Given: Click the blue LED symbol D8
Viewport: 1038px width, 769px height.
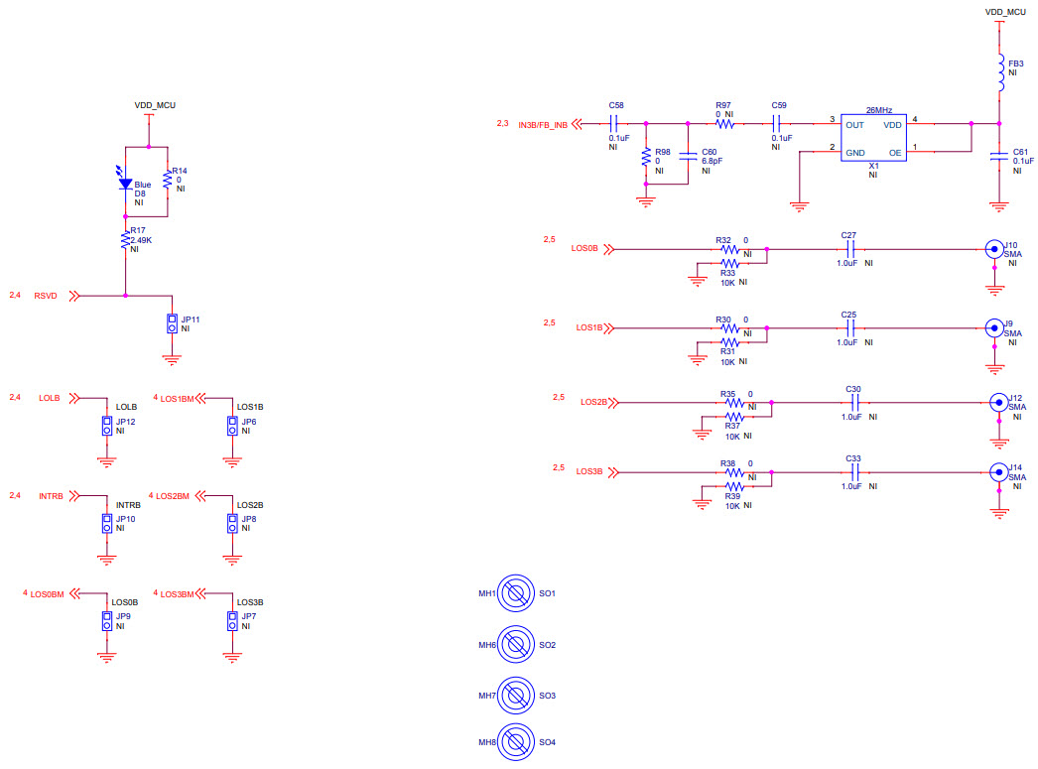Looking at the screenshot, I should pos(125,183).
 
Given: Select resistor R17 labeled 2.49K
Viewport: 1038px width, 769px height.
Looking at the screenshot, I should pos(125,240).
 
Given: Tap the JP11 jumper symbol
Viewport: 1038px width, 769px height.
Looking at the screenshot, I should pos(172,323).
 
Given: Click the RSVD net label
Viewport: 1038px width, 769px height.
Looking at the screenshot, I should pos(47,296).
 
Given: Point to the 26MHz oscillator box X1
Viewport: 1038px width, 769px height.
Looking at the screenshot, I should pos(873,138).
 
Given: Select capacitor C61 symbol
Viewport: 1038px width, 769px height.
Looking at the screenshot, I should pos(999,156).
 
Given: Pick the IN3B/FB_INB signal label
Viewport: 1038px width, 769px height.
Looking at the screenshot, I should pos(543,125).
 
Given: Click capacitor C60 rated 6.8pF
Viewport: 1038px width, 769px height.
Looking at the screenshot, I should pos(687,155).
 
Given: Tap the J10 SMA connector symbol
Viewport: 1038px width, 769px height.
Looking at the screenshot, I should pos(992,249).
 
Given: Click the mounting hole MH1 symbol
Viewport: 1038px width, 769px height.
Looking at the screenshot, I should pos(516,593).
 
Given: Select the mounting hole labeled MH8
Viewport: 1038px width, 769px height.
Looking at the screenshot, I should pos(516,742).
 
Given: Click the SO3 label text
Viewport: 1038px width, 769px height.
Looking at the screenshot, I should pos(547,696).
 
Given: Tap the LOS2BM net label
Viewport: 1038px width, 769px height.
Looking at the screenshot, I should pos(174,495).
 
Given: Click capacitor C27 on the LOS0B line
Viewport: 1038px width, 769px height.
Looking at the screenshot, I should pos(848,249).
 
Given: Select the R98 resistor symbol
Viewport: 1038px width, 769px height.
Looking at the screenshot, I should pos(647,158).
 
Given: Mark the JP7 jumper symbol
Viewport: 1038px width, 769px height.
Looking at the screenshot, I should pos(232,621).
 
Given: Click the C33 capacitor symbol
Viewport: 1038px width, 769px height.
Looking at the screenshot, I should pos(853,472).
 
